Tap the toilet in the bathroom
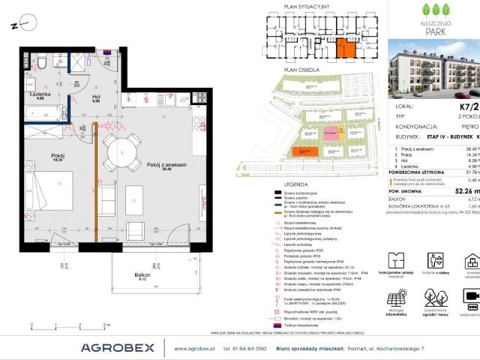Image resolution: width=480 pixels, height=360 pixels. [43, 61]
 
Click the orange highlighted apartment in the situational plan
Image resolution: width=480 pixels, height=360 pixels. [346, 47]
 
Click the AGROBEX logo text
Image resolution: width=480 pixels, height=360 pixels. [117, 347]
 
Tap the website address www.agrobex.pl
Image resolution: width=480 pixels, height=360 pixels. [194, 349]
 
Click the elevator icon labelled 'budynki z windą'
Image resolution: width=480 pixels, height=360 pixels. [436, 260]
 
